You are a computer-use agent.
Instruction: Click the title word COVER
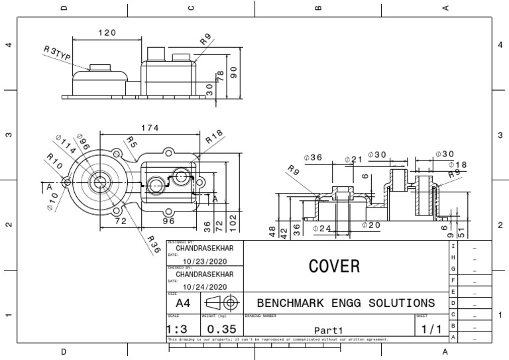coord(334,266)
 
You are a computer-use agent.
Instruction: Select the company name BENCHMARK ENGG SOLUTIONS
coord(345,303)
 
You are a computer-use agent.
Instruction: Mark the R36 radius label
coord(154,244)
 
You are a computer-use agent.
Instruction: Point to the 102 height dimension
coord(233,221)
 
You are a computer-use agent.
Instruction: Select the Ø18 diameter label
coord(457,164)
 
